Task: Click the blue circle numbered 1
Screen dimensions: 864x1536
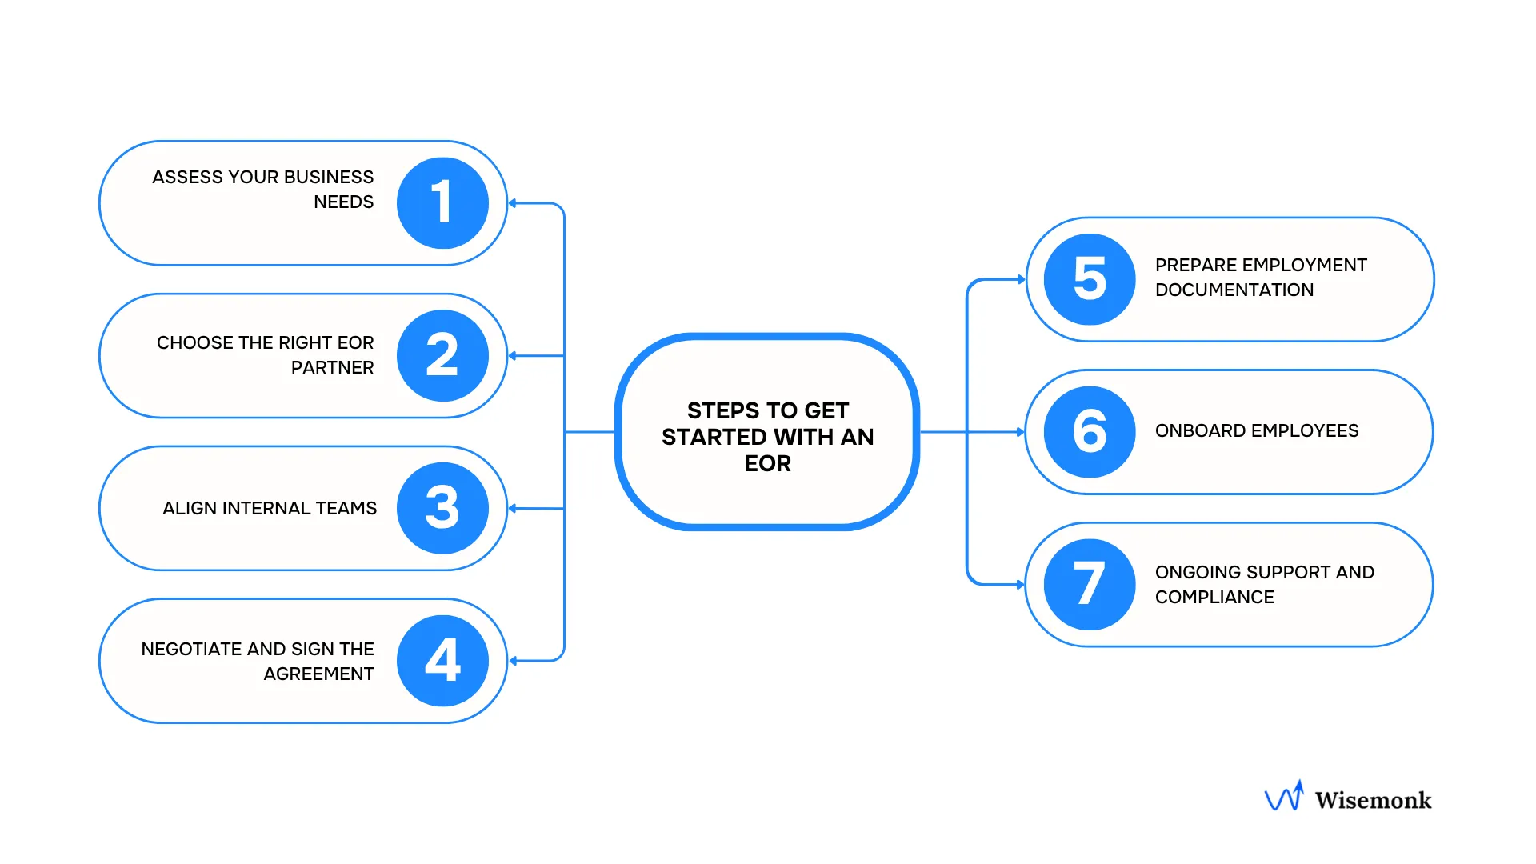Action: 442,203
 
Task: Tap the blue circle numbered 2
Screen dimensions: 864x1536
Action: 442,355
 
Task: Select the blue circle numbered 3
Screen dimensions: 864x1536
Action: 442,508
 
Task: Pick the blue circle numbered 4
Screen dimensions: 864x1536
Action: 442,661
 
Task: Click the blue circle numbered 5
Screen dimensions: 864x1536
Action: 1090,279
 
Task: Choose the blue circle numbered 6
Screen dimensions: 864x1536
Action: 1090,432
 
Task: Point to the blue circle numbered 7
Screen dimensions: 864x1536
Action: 1090,585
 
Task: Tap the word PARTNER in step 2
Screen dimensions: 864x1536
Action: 332,367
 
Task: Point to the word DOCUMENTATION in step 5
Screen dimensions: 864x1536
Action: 1234,290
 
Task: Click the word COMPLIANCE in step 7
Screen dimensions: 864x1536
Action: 1214,597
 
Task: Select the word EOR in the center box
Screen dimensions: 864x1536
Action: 767,463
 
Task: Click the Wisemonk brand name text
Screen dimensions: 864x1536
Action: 1373,800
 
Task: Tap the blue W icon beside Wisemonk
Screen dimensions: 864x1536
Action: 1284,797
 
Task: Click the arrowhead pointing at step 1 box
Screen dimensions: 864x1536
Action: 513,203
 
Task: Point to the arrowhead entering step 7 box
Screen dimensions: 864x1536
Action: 1020,585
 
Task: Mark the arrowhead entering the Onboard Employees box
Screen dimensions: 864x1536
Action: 1020,432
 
